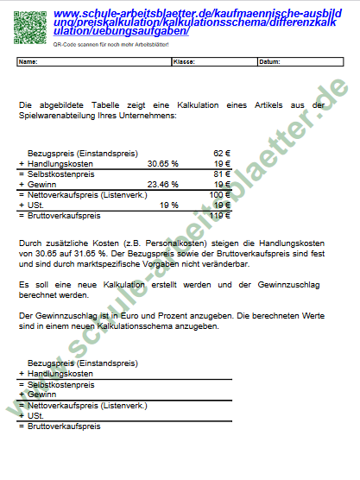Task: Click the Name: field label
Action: pyautogui.click(x=28, y=62)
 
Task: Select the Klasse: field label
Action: pyautogui.click(x=184, y=62)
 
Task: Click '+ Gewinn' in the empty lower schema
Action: pyautogui.click(x=37, y=394)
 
